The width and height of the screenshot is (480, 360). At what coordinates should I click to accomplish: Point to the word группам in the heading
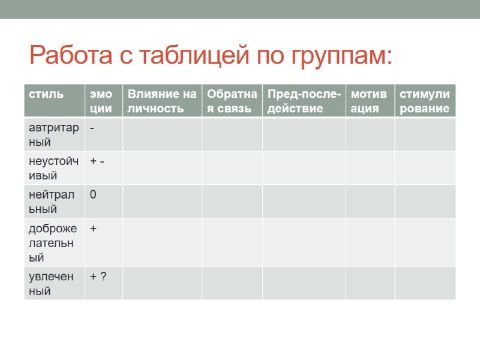338,57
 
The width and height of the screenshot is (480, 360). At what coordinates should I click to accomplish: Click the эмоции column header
101,101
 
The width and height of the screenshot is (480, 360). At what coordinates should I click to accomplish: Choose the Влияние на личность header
162,101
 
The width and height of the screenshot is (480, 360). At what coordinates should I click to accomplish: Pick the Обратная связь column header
232,101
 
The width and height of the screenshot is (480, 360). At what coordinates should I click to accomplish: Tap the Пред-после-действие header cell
304,101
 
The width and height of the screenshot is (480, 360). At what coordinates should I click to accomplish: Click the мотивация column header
370,101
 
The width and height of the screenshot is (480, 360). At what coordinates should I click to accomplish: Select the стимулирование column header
425,101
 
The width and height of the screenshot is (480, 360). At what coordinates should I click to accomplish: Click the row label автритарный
54,134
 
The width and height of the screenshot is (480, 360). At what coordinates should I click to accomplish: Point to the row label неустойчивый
54,168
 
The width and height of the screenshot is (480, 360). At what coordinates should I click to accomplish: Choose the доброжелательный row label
54,242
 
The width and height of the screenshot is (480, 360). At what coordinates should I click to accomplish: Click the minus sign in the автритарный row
92,128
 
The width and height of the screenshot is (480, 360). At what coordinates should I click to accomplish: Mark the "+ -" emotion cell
97,161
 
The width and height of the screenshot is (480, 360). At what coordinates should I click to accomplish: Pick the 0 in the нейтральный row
93,194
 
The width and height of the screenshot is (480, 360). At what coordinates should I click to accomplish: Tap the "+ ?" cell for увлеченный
98,276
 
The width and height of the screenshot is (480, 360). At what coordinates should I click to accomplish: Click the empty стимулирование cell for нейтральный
425,202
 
